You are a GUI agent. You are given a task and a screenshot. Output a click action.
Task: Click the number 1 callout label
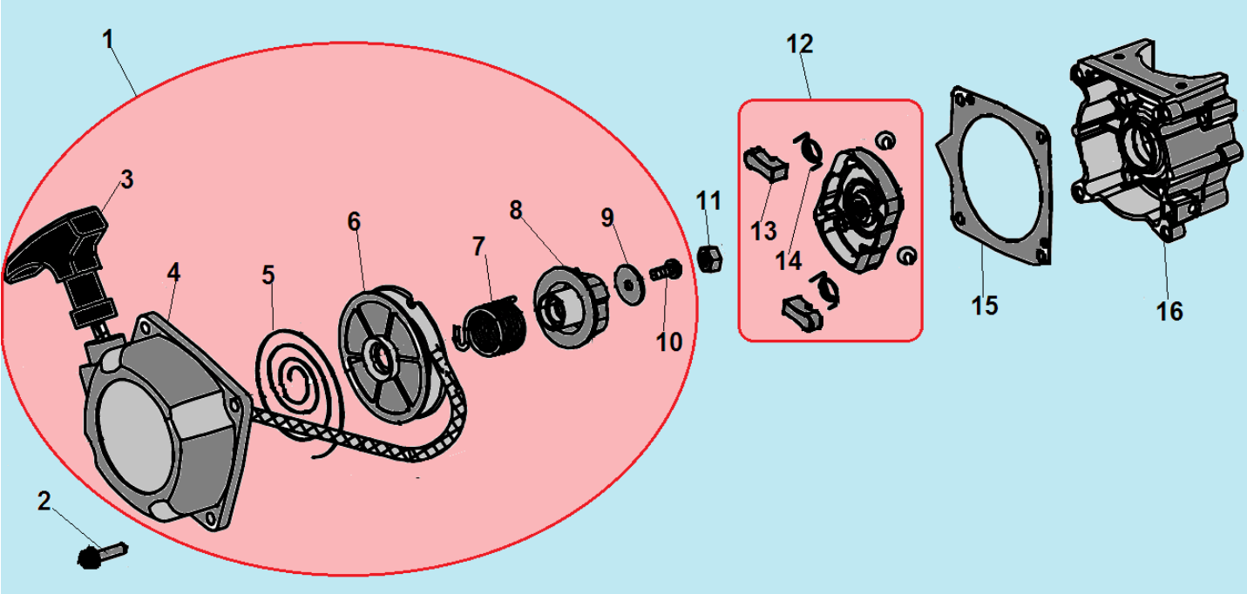coord(108,39)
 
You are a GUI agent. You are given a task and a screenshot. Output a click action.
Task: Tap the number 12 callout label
coord(799,44)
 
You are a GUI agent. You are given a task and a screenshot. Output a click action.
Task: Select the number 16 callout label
coord(1169,312)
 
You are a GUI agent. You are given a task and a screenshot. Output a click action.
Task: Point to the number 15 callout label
coord(984,306)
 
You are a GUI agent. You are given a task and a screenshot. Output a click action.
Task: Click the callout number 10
coord(669,342)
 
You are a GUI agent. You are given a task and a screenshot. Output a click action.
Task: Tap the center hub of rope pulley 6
coord(381,356)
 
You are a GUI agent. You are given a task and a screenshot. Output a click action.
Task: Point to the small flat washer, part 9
coord(630,285)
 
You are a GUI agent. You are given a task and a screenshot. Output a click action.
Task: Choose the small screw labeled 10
coord(666,272)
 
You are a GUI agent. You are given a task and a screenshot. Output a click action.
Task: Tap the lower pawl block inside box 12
coord(803,314)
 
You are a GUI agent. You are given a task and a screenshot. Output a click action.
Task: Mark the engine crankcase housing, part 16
coord(1156,139)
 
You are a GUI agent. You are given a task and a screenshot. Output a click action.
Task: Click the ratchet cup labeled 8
coord(571,307)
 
